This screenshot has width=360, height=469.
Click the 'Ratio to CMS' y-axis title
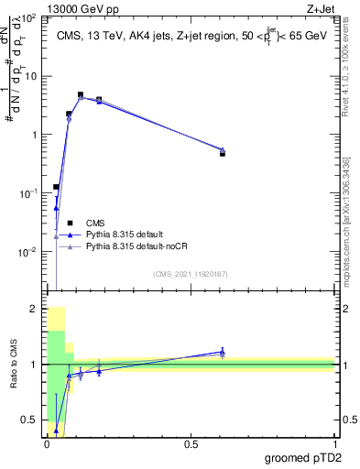tap(13, 364)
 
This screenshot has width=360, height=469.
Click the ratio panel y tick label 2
tap(34, 309)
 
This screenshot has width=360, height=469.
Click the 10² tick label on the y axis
tap(28, 17)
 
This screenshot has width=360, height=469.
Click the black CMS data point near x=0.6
tap(223, 154)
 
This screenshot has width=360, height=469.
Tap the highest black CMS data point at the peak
tap(81, 94)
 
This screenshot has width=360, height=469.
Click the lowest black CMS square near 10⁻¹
tap(56, 187)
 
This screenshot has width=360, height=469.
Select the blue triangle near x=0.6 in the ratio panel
tap(223, 352)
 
